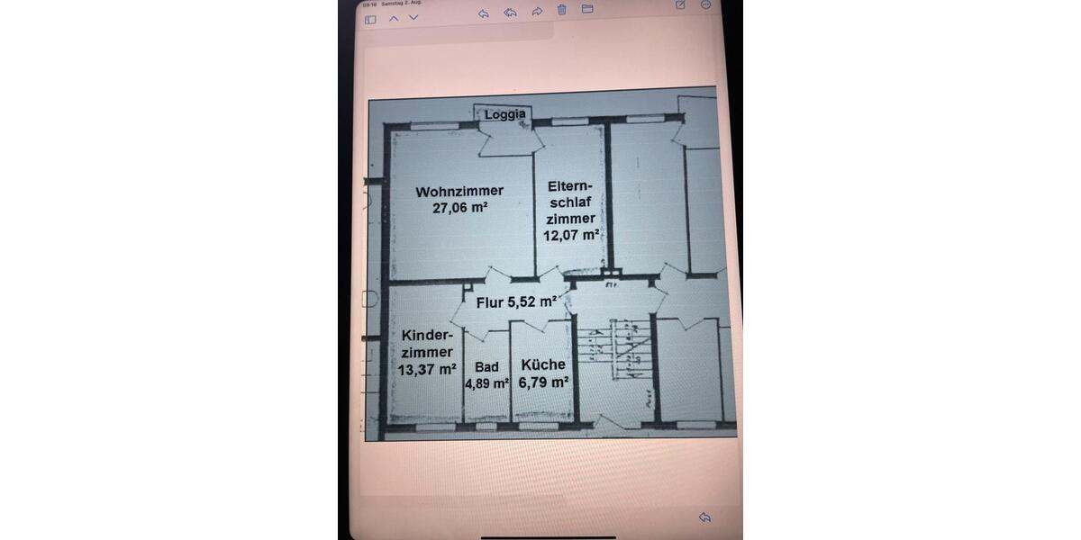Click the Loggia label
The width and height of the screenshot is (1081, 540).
(504, 114)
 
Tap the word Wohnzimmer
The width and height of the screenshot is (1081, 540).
(459, 191)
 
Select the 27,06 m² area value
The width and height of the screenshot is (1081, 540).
(459, 206)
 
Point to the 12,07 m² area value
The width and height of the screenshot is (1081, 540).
(571, 235)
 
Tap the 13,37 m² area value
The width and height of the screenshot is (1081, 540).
(427, 368)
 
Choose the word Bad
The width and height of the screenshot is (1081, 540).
(486, 367)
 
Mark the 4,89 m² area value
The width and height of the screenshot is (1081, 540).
(486, 382)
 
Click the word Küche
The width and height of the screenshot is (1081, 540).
(543, 364)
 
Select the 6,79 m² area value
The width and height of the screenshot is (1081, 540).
(543, 381)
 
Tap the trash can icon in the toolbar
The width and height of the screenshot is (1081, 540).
(561, 11)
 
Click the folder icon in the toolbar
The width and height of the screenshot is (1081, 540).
(587, 10)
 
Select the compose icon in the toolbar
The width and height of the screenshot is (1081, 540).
(680, 4)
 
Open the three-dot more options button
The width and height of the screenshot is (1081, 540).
(705, 4)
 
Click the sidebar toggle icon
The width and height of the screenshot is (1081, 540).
(369, 18)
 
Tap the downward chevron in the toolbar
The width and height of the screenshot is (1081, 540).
(413, 18)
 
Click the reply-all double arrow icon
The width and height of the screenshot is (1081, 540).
(510, 12)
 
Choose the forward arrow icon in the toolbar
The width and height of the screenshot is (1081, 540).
(537, 12)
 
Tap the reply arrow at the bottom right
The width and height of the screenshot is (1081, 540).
(705, 517)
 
